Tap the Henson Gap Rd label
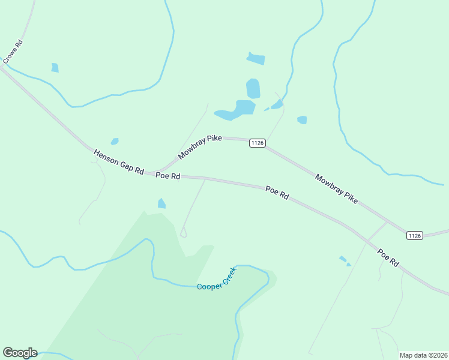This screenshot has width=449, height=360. pos(119,163)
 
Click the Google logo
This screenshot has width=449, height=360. pos(20,353)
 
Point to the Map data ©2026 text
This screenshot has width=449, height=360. pos(423,355)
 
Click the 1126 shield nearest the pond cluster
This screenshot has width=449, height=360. pos(258,143)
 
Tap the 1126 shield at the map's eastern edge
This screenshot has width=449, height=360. pos(415,235)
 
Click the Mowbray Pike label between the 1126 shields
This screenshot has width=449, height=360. pos(336,188)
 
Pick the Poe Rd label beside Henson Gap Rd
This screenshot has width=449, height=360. pos(168,176)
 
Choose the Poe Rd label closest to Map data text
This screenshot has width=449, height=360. pos(388,258)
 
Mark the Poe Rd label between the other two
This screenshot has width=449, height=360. pos(277,193)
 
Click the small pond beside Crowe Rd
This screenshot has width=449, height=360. pos(55,68)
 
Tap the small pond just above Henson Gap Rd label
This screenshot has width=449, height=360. pos(115,142)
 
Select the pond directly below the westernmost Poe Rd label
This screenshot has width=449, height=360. pos(161,204)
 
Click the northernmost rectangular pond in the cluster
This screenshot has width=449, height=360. pos(256,58)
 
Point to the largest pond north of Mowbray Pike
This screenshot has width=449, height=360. pos(238,110)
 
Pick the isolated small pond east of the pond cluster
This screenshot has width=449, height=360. pos(302,120)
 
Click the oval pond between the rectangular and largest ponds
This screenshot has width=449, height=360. pos(253,88)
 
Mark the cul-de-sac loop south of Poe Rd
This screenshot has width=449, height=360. pos(184,234)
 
